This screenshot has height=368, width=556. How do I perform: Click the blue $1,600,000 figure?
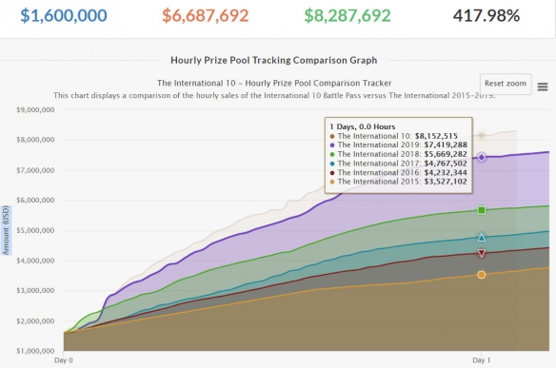64,15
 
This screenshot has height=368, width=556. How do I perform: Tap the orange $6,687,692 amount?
206,15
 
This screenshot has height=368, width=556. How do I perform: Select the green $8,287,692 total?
347,15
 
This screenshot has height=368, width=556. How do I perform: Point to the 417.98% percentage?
486,15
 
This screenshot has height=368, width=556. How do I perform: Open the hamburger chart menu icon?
543,87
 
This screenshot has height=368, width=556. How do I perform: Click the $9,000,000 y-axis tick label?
35,109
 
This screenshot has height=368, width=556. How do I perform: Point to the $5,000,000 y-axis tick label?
35,230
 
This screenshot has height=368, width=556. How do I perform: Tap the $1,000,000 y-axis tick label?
35,351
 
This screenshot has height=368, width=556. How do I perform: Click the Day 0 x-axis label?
64,360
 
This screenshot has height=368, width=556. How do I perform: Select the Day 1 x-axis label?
481,360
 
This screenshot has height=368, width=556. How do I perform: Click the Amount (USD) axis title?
6,230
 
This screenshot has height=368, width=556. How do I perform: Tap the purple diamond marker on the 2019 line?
481,157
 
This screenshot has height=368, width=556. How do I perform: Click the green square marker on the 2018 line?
481,210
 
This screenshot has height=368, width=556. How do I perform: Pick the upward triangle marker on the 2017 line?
481,238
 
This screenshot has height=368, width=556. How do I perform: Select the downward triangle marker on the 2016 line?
481,253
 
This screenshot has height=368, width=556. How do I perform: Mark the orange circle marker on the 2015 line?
481,275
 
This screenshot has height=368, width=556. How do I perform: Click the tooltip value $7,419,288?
446,145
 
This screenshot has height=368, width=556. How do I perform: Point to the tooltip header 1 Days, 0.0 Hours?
363,126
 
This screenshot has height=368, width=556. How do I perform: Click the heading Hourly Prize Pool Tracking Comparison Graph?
274,60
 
